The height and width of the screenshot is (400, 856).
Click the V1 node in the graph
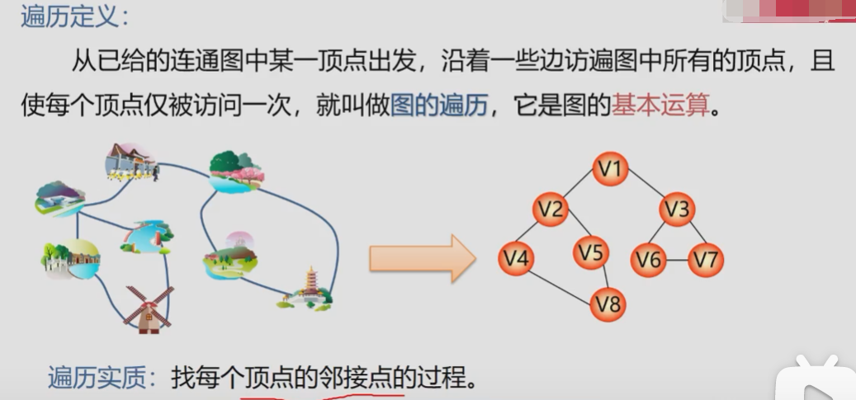point(610,170)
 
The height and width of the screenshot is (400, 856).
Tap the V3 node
point(676,209)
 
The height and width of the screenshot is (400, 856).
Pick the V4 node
point(516,258)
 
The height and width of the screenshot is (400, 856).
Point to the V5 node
point(591,252)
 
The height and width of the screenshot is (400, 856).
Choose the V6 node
point(648,260)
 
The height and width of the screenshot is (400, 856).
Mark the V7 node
point(706,260)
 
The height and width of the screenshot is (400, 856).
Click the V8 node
point(608,304)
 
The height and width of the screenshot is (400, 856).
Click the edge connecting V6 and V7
point(677,260)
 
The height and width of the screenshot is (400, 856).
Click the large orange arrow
point(422,258)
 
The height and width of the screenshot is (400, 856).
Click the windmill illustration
point(149,309)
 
